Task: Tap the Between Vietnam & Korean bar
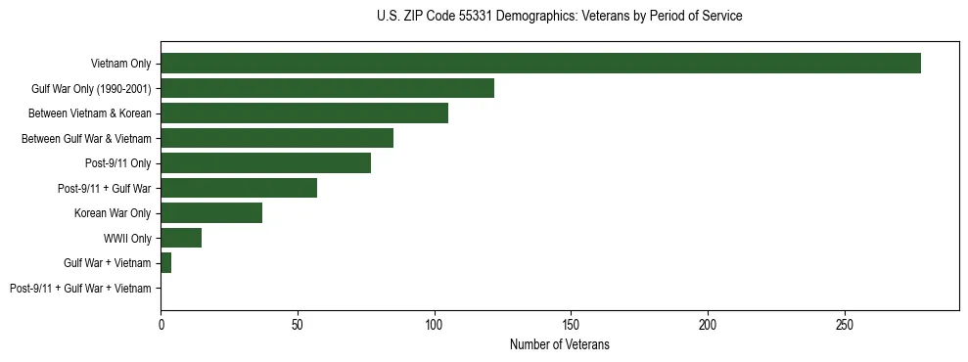[304, 113]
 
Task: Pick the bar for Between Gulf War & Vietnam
[277, 138]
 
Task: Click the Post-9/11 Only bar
[265, 163]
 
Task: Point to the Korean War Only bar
[210, 213]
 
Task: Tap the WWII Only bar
[181, 238]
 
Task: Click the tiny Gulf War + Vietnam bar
[165, 263]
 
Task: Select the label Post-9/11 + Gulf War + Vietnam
[80, 289]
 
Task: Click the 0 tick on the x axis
[161, 325]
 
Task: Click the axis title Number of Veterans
[559, 345]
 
